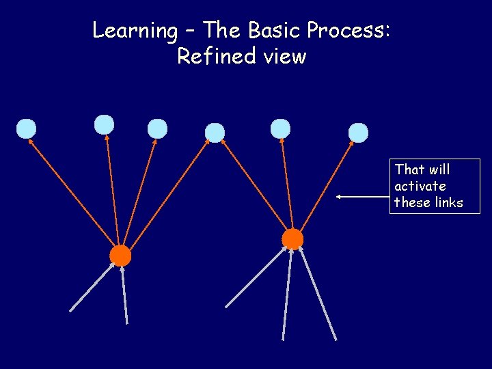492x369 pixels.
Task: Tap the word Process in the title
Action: click(348, 31)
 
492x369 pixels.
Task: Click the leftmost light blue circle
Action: click(26, 128)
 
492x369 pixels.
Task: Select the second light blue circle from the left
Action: click(104, 124)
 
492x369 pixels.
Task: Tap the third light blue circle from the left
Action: click(157, 128)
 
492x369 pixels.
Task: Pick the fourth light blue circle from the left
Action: click(215, 133)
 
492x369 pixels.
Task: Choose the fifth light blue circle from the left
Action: click(280, 128)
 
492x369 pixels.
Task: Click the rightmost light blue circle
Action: click(358, 133)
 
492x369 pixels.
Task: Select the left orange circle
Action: click(120, 256)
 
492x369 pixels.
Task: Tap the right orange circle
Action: click(292, 238)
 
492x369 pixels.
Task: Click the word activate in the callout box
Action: click(420, 186)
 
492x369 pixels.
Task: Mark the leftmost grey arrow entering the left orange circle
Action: click(92, 288)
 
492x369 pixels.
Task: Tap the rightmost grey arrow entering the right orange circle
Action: click(318, 294)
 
